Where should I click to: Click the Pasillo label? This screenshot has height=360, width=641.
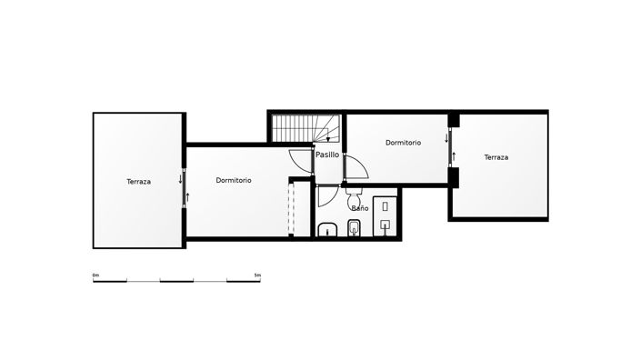tap(327, 155)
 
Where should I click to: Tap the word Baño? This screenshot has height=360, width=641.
tap(360, 208)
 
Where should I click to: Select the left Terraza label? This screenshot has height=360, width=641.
tap(139, 182)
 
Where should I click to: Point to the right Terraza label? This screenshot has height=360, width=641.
tap(496, 157)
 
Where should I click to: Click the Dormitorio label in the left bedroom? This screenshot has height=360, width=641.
tap(234, 180)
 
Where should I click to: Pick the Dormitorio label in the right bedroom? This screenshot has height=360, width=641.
tap(403, 143)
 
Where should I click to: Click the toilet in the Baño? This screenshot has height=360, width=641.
tap(355, 197)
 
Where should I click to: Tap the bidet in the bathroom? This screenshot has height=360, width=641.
tap(356, 227)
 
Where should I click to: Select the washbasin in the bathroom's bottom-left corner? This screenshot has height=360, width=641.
tap(326, 228)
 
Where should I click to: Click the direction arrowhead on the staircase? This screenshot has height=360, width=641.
tap(327, 139)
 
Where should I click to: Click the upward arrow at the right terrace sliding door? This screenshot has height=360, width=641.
tap(454, 155)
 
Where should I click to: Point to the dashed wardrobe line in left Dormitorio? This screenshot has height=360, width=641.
tap(288, 208)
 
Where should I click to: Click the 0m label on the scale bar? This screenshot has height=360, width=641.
tap(95, 275)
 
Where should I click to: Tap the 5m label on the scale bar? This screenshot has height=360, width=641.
tap(257, 275)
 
